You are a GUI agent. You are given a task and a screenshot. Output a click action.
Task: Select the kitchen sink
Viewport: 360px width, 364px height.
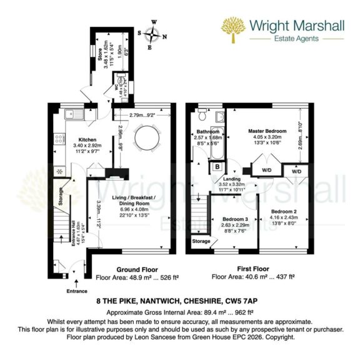coord(72,115)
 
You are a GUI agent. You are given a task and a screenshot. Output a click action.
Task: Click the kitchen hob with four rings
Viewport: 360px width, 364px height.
coord(59,170)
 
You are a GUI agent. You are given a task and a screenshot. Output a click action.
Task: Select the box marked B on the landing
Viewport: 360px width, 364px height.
coord(217,166)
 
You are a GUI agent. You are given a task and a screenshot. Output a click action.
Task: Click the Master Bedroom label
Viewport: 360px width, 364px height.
coord(267,131)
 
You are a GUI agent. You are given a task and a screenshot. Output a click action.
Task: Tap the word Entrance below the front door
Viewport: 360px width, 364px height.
coord(77,290)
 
